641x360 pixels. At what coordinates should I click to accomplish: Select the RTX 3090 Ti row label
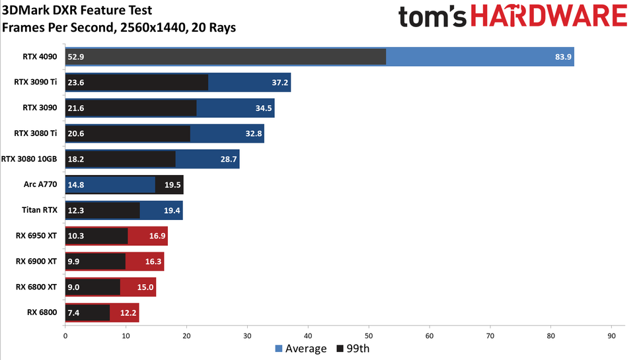[x=36, y=83]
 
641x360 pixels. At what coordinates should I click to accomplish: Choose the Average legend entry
[x=301, y=348]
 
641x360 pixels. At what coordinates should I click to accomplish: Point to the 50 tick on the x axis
[x=369, y=336]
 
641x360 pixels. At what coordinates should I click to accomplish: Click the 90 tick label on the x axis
[x=611, y=336]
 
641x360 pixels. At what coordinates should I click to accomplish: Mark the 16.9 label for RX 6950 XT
[x=157, y=236]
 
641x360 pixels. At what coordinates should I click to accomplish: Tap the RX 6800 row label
[x=42, y=312]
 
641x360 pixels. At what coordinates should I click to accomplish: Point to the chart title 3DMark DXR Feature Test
[x=77, y=11]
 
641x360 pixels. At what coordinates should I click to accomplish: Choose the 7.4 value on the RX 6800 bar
[x=74, y=312]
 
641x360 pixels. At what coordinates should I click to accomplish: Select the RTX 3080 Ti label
[x=36, y=133]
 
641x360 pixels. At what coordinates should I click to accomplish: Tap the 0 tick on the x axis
[x=65, y=336]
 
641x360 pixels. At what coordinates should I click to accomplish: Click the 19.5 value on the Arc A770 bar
[x=172, y=185]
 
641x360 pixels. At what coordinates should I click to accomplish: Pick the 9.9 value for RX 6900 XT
[x=74, y=262]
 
